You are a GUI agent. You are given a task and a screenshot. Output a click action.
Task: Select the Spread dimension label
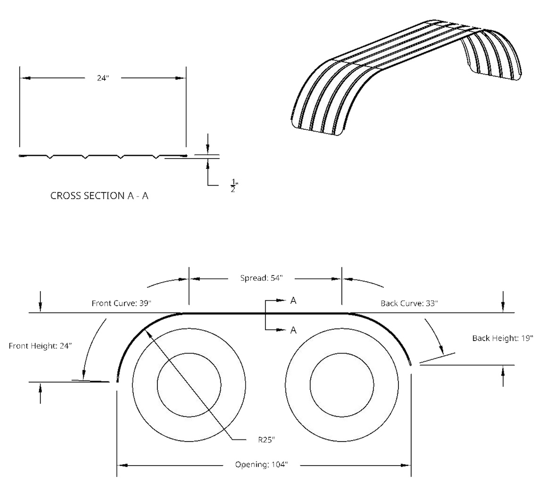click(261, 279)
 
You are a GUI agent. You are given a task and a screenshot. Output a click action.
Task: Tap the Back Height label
click(503, 338)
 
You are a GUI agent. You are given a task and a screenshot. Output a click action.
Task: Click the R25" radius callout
click(266, 440)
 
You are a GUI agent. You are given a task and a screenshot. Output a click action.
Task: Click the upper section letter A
click(293, 301)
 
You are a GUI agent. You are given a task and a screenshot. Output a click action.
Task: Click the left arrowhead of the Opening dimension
click(122, 466)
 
